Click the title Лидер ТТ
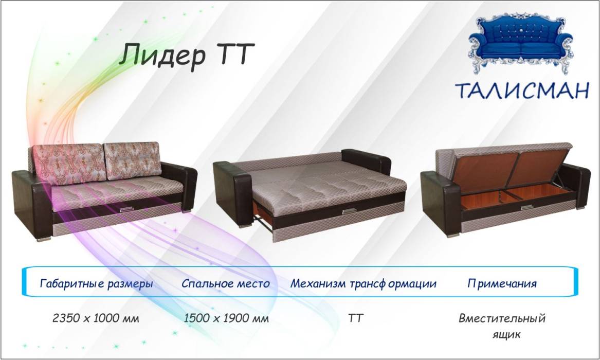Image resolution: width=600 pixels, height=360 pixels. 186,56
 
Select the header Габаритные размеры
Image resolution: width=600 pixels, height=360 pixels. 97,284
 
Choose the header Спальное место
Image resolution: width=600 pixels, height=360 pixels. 225,284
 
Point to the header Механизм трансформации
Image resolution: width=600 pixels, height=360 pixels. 363,284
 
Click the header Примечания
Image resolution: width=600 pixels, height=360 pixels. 502,284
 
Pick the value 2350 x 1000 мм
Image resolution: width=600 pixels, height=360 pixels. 96,318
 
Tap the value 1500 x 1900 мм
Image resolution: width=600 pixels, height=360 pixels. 226,318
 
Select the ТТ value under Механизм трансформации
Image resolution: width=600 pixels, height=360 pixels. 355,318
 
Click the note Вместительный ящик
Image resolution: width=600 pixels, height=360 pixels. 502,326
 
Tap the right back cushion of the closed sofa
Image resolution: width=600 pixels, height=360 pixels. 133,160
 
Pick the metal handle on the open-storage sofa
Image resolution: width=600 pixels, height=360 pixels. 528,208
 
